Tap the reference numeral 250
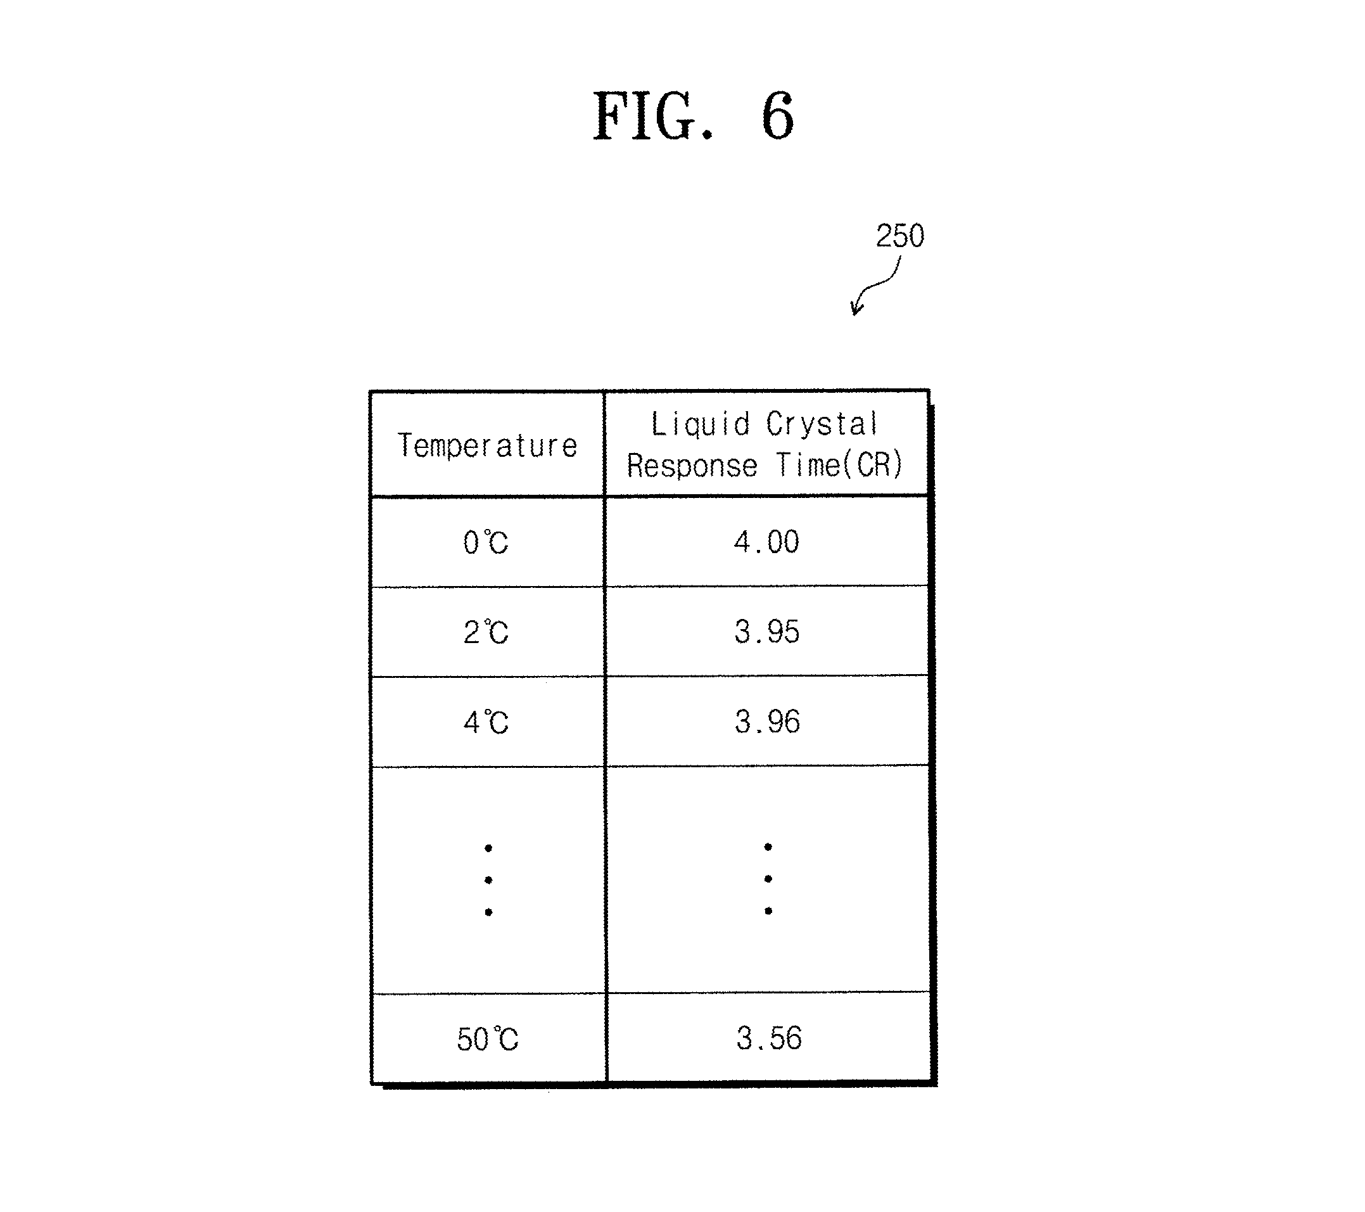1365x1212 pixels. click(x=899, y=236)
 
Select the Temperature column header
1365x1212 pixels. click(x=487, y=445)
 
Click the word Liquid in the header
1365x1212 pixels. click(x=700, y=425)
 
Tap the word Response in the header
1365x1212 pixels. click(x=692, y=466)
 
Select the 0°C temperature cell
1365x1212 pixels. click(x=486, y=542)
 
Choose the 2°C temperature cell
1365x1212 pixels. click(x=486, y=632)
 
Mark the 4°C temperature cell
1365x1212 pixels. click(x=486, y=722)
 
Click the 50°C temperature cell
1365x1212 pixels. click(x=488, y=1039)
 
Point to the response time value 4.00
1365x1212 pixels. click(x=766, y=542)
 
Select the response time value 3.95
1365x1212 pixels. click(x=766, y=632)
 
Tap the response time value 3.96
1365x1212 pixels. click(x=767, y=722)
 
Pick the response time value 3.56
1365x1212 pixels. click(x=769, y=1038)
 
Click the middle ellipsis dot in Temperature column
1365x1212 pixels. click(x=489, y=881)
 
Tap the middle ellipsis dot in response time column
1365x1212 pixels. click(x=769, y=879)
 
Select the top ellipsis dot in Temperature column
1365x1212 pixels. click(x=489, y=848)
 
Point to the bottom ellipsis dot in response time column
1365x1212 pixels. click(x=769, y=911)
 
